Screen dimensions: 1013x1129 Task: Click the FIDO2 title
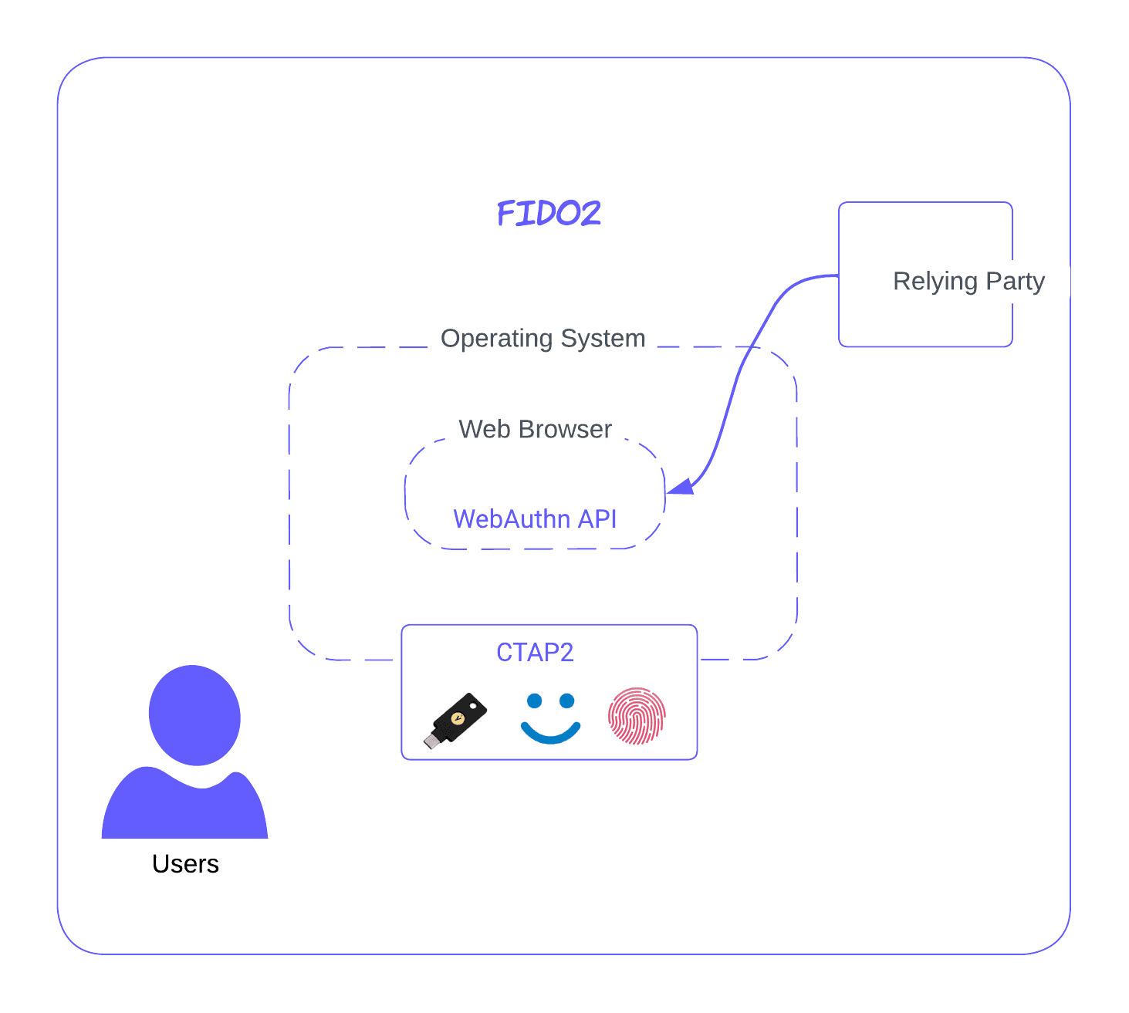pos(549,213)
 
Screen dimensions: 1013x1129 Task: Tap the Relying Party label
pos(968,281)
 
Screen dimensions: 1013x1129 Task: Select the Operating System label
pos(543,338)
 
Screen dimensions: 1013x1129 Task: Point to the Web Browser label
pos(535,429)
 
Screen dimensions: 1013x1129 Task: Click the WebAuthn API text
pos(535,519)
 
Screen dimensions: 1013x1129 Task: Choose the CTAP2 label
pos(535,653)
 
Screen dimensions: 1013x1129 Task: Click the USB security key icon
pos(456,720)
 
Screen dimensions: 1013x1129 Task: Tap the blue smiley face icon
pos(550,718)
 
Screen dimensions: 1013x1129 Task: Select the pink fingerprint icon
pos(637,716)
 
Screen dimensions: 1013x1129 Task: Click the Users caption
pos(185,864)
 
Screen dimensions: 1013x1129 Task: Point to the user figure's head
pos(194,715)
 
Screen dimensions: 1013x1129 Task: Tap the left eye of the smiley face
pos(534,701)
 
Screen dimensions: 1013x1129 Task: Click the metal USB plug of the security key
pos(431,742)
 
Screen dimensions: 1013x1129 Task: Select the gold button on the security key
pos(458,718)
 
